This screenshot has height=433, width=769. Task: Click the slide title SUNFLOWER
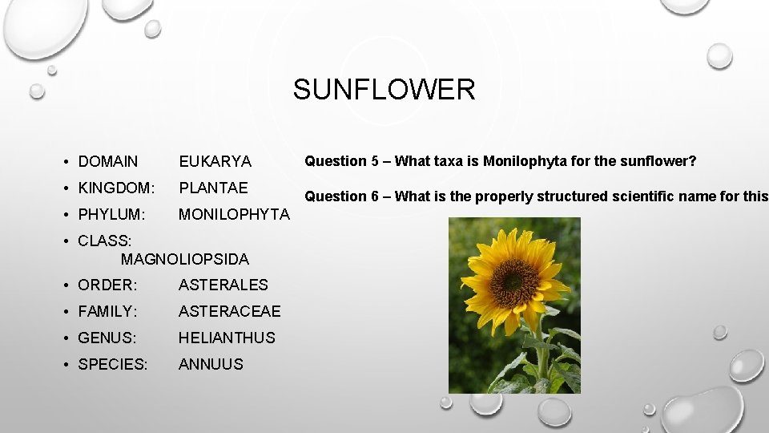click(384, 89)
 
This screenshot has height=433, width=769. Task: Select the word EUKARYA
click(215, 162)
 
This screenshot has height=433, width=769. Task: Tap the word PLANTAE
click(213, 188)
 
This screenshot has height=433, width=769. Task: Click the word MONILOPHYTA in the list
click(234, 215)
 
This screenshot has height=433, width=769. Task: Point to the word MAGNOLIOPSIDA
click(185, 259)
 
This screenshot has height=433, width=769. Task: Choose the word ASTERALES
click(223, 285)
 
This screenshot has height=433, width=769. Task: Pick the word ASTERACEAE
click(230, 311)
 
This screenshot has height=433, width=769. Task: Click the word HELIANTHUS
click(227, 338)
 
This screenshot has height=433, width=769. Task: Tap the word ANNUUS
click(211, 364)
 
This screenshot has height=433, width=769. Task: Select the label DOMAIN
click(108, 162)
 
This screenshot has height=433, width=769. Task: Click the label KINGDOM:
click(116, 188)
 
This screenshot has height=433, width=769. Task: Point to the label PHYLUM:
click(111, 215)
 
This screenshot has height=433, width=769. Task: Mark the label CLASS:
click(105, 240)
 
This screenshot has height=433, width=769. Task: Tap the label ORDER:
click(107, 285)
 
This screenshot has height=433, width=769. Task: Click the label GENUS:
click(107, 338)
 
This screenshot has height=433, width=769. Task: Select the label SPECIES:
click(113, 364)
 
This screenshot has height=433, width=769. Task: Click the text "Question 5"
click(335, 161)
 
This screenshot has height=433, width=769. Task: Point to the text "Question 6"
click(335, 196)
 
